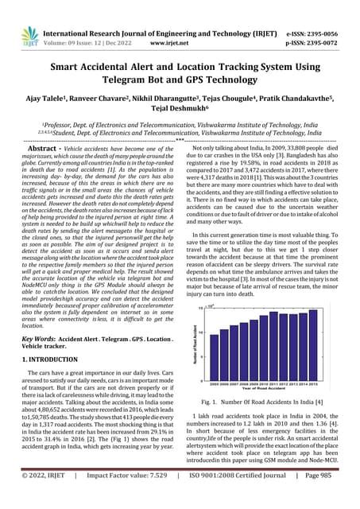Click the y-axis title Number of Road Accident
pos(193,351)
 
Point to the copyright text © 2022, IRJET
pos(37,496)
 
